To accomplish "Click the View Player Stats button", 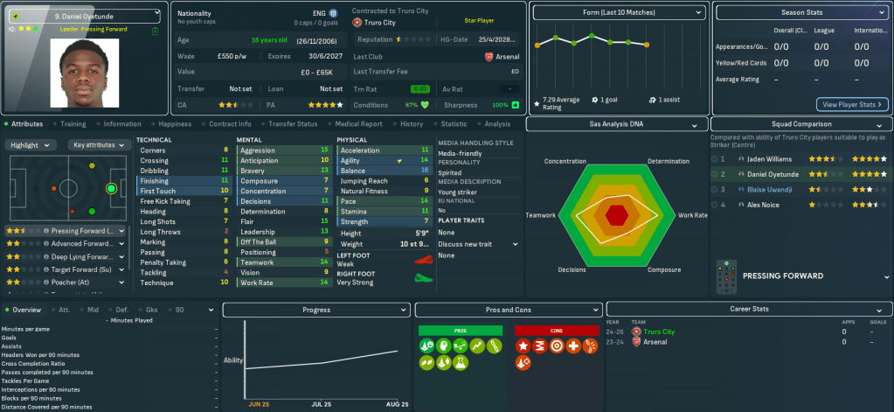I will (x=852, y=104).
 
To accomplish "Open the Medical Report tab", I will (x=357, y=124).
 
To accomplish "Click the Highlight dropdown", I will (x=32, y=145).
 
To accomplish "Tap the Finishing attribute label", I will (x=156, y=181).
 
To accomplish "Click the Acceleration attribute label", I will (x=360, y=150).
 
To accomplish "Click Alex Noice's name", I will (x=764, y=205).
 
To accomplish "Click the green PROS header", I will (x=461, y=330).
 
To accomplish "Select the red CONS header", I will (x=556, y=330).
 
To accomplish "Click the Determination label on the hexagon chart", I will (x=669, y=162).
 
